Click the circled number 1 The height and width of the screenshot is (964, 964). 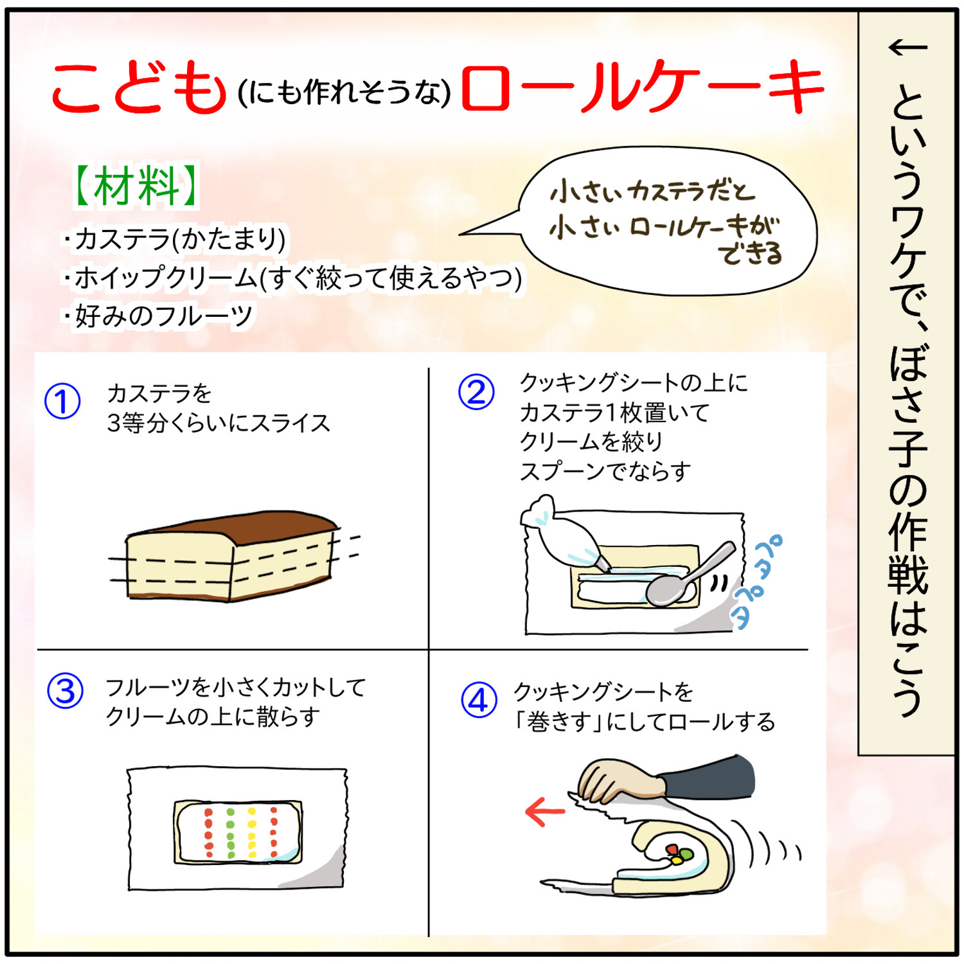click(62, 402)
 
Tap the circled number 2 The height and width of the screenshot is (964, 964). click(476, 391)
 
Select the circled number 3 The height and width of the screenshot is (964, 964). click(66, 691)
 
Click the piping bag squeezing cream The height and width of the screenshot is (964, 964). click(562, 533)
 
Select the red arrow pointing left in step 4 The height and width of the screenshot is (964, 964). click(545, 811)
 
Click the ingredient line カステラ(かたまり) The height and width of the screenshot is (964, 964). click(175, 239)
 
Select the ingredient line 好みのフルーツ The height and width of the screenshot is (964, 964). click(158, 316)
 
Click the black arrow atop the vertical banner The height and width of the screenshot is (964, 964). click(907, 47)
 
